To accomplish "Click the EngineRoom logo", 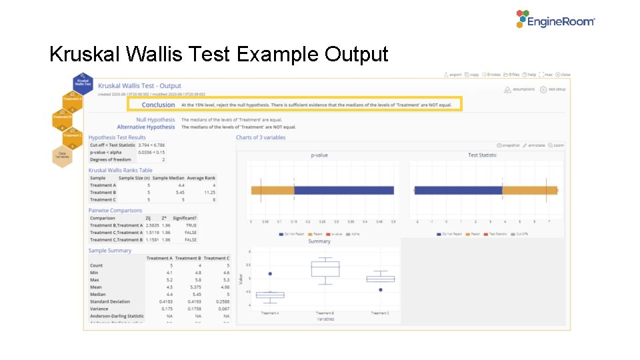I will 555,20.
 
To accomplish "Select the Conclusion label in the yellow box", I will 158,105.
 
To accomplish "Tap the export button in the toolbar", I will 453,75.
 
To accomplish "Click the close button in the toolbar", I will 563,75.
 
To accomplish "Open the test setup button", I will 553,89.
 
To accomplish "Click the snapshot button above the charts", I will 508,145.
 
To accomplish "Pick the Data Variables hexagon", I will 62,155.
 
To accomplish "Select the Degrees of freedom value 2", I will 163,159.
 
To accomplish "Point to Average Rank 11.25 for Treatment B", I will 208,192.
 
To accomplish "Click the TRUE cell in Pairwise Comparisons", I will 191,225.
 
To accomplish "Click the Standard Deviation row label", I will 110,301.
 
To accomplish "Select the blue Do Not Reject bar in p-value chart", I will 343,190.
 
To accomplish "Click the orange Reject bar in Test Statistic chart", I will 529,190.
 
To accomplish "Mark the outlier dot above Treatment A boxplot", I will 270,273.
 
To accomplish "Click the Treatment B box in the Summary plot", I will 325,268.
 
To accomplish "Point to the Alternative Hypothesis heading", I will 146,127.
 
